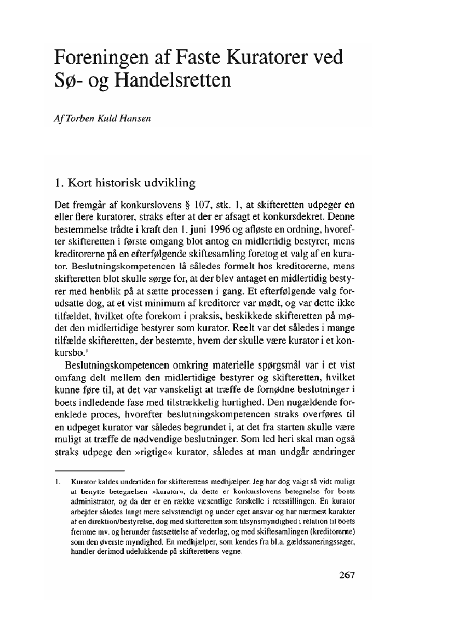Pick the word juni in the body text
[200, 231]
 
